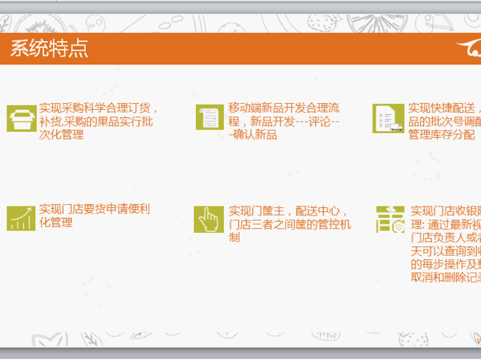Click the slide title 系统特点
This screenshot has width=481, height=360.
click(x=50, y=49)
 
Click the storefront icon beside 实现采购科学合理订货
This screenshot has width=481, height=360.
click(x=21, y=119)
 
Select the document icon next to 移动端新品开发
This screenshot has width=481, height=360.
click(x=209, y=118)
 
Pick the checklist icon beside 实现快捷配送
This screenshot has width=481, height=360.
click(x=387, y=118)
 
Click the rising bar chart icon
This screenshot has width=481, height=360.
click(x=21, y=218)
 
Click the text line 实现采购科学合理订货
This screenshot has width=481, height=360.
click(x=99, y=108)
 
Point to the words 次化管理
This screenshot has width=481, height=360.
click(x=61, y=135)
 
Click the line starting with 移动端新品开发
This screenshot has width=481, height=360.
click(x=283, y=108)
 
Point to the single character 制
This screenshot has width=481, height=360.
click(x=235, y=238)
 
